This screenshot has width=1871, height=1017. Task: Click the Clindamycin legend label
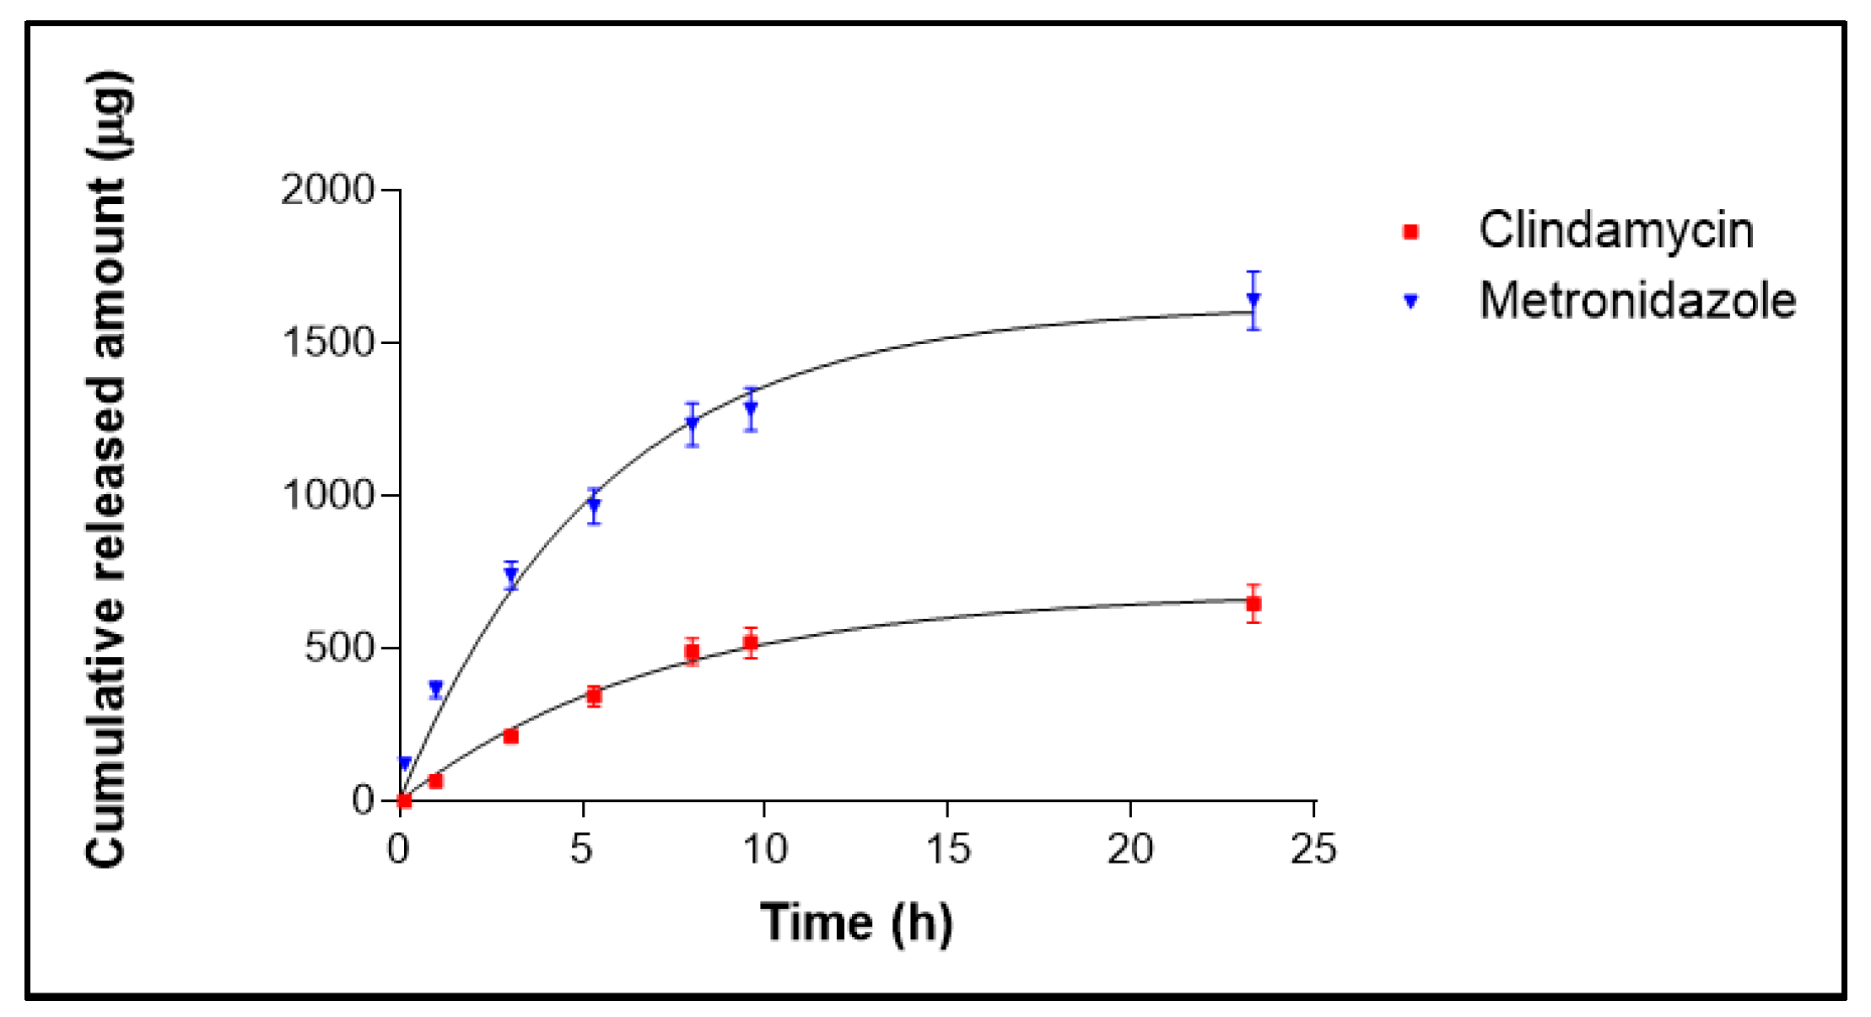click(1615, 230)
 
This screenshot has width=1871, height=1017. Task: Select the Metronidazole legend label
click(1637, 300)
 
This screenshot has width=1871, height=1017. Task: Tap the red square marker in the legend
click(1410, 231)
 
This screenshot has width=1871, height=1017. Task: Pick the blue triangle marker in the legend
click(1410, 301)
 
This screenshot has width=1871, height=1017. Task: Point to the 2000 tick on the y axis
click(327, 190)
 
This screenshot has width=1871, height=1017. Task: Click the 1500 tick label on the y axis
click(327, 342)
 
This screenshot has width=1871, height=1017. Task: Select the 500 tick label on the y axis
click(339, 648)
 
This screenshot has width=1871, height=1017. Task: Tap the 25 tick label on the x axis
click(1313, 849)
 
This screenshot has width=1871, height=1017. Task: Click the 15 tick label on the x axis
click(947, 849)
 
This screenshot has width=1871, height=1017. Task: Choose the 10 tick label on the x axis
click(764, 849)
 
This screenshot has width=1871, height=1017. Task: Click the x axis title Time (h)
click(856, 923)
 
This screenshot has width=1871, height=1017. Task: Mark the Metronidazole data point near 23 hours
click(1254, 299)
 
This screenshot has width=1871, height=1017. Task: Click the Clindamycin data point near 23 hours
click(1254, 604)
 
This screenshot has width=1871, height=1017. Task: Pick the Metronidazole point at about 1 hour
click(436, 688)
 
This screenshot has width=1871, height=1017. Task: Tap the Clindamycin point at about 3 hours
click(510, 736)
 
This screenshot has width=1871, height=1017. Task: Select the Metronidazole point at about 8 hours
click(692, 423)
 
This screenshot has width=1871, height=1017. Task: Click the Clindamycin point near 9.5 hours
click(751, 643)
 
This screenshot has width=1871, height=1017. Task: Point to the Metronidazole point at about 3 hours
click(510, 575)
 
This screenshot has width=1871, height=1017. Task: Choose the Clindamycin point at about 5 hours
click(594, 697)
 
